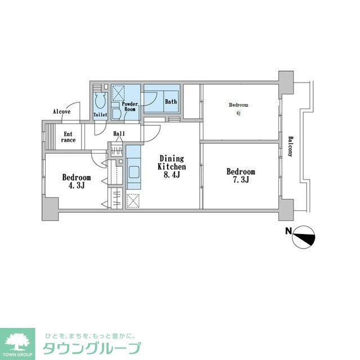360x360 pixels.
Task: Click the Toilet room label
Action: point(100,115)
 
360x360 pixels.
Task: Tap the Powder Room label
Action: point(130,107)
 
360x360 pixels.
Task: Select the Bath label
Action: point(170,102)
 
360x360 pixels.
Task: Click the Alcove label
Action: point(61,111)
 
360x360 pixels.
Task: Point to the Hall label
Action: point(119,134)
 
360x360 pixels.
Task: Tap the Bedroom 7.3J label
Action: point(241,176)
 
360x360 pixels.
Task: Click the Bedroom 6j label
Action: point(238,109)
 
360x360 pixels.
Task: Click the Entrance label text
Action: point(69,137)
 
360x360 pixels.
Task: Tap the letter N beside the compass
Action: point(288,231)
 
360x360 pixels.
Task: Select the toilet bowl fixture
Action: point(100,102)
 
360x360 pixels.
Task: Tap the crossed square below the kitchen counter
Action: point(133,201)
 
